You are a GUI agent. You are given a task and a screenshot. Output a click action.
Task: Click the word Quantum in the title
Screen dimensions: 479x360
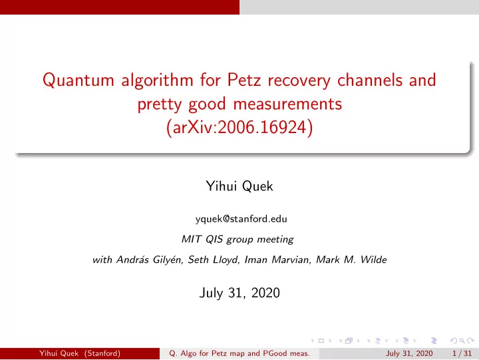coord(79,81)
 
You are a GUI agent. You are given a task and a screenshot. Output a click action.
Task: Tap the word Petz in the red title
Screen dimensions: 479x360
coord(244,80)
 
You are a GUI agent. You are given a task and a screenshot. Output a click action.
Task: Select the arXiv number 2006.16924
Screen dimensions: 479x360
coord(262,127)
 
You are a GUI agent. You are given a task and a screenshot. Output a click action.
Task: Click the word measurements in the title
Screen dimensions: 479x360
coord(287,104)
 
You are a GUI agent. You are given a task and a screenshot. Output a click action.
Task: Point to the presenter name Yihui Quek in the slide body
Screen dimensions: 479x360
coord(239,186)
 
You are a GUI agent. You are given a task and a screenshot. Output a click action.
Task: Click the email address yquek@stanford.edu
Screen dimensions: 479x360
coord(241,219)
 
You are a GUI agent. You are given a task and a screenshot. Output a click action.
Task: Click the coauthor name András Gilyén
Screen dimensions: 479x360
coord(149,260)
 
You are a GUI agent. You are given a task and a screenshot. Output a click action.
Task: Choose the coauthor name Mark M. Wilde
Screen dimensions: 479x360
coord(351,260)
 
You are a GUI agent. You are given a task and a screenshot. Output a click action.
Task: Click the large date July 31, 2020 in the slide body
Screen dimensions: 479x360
coord(239,293)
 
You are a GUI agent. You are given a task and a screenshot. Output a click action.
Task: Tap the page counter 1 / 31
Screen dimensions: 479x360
coord(462,353)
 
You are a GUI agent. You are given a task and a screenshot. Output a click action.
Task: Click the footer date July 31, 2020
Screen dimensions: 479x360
coord(409,353)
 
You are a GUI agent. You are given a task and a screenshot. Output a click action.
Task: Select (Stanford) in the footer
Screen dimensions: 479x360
coord(102,353)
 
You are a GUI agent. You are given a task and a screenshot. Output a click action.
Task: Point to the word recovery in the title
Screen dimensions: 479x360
coord(299,81)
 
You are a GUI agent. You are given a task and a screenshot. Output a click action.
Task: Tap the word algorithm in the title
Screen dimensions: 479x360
coord(157,81)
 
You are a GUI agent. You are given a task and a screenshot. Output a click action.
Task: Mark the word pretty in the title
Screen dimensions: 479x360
coord(160,104)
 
